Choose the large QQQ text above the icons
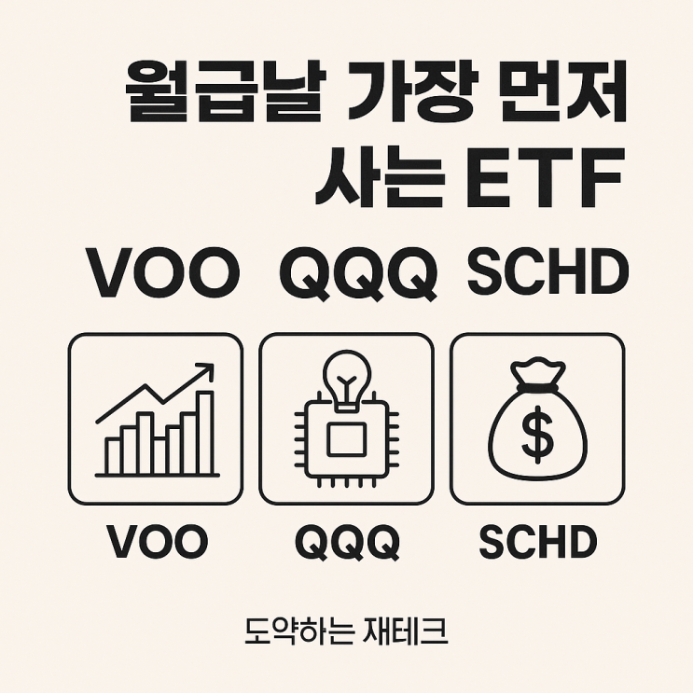(359, 271)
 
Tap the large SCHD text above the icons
(547, 271)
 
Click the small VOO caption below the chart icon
(157, 542)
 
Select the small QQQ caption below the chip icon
(347, 542)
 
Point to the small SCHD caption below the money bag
(537, 542)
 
